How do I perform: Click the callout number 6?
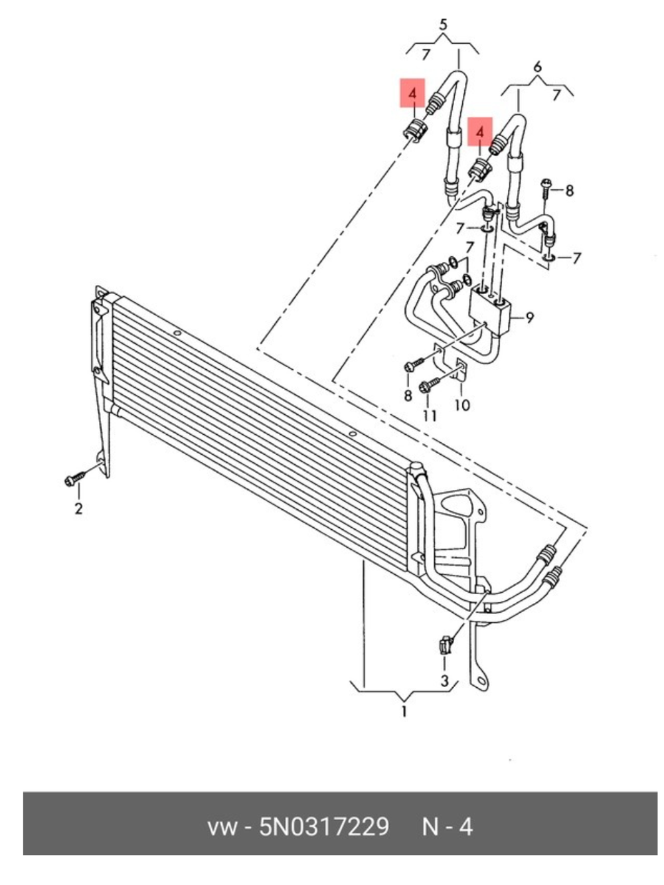tap(537, 67)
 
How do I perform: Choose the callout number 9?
tap(529, 318)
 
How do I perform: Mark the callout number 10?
tap(462, 405)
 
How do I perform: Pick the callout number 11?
tap(430, 416)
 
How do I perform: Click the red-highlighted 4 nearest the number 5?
tap(412, 93)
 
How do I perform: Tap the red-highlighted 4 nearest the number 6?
tap(480, 131)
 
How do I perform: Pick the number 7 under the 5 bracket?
tap(426, 54)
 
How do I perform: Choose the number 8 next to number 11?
tap(408, 396)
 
